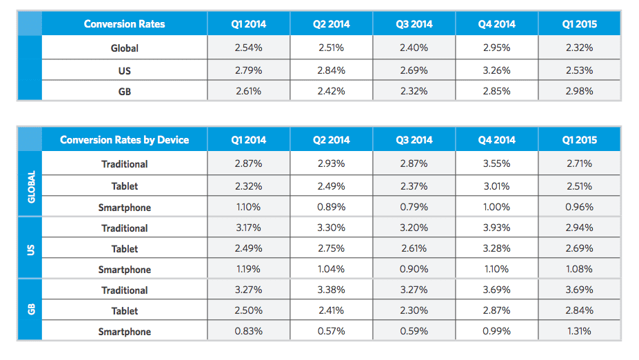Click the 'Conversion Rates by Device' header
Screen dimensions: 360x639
point(124,140)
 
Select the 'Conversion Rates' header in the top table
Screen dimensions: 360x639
point(124,24)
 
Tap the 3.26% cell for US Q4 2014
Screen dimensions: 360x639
point(496,70)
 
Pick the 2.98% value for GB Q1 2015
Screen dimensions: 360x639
point(579,91)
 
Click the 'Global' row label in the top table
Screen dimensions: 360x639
point(124,48)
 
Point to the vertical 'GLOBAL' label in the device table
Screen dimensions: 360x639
point(30,186)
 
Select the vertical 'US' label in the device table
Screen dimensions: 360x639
point(30,249)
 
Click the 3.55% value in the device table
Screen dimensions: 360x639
point(496,164)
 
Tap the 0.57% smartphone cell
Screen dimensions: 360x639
point(331,332)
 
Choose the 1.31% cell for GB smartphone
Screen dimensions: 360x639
point(579,332)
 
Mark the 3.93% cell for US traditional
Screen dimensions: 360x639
point(496,228)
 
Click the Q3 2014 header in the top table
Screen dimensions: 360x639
point(414,24)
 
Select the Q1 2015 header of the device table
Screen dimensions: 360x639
point(579,140)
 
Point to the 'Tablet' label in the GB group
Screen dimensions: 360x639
point(124,311)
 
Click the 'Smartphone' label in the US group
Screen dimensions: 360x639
point(124,270)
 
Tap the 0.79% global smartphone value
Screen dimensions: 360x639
point(414,208)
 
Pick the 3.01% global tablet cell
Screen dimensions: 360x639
point(496,186)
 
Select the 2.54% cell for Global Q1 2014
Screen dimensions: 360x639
point(248,48)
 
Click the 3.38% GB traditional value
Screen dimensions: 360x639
point(331,290)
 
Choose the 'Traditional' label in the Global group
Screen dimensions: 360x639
point(124,164)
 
